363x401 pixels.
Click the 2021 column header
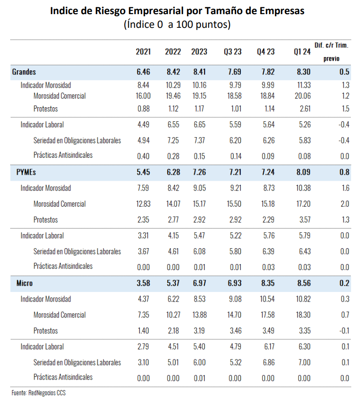143,52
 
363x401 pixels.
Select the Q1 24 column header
302,52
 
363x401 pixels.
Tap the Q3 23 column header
232,52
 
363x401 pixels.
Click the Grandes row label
24,72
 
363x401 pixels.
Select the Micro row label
24,283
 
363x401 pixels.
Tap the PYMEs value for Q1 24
303,172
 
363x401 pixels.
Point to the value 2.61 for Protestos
305,109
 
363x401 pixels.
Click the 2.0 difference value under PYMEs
345,203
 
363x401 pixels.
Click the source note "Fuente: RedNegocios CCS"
38,393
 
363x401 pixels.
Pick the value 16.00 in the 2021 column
143,96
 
